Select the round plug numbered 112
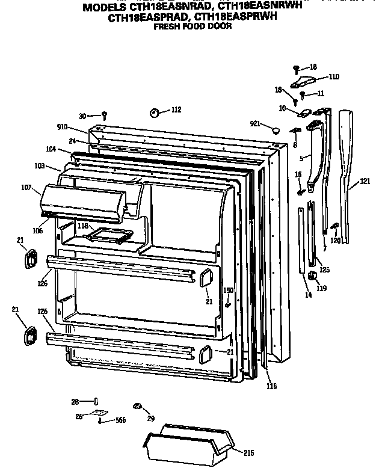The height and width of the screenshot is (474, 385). pyautogui.click(x=155, y=112)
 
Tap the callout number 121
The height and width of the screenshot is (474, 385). pyautogui.click(x=365, y=181)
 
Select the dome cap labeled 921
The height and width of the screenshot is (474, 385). pyautogui.click(x=274, y=129)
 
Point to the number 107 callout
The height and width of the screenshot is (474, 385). pyautogui.click(x=26, y=187)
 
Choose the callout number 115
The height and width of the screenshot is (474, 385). pyautogui.click(x=271, y=386)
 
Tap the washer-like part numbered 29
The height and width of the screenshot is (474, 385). pyautogui.click(x=137, y=407)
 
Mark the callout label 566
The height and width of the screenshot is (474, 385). pyautogui.click(x=120, y=420)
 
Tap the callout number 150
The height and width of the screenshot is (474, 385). pyautogui.click(x=228, y=291)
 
